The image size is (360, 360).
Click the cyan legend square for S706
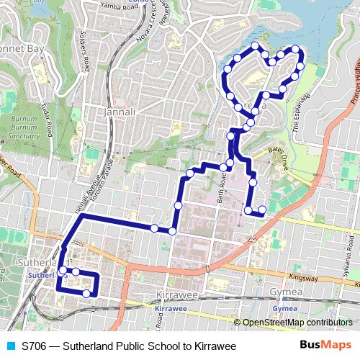[9, 346]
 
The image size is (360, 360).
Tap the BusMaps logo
[325, 346]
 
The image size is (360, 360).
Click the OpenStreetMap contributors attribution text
[297, 323]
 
